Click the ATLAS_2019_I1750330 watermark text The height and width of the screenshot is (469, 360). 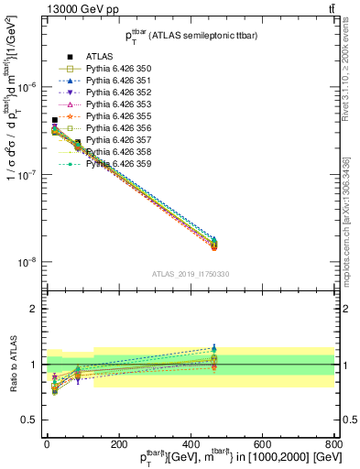coord(190,274)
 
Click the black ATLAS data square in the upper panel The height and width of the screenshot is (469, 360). coord(55,120)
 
